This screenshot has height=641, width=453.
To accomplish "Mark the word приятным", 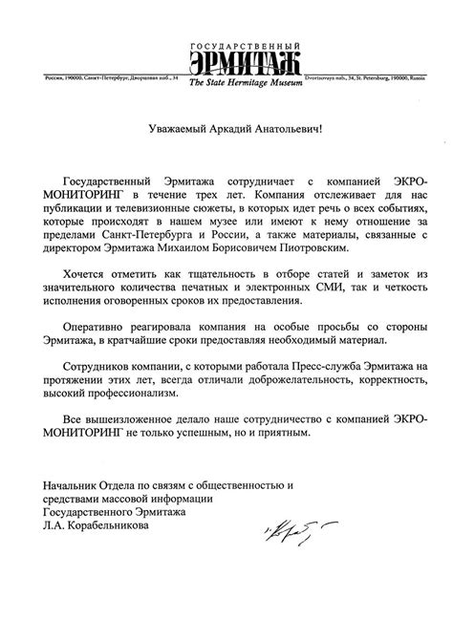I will (x=284, y=460).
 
